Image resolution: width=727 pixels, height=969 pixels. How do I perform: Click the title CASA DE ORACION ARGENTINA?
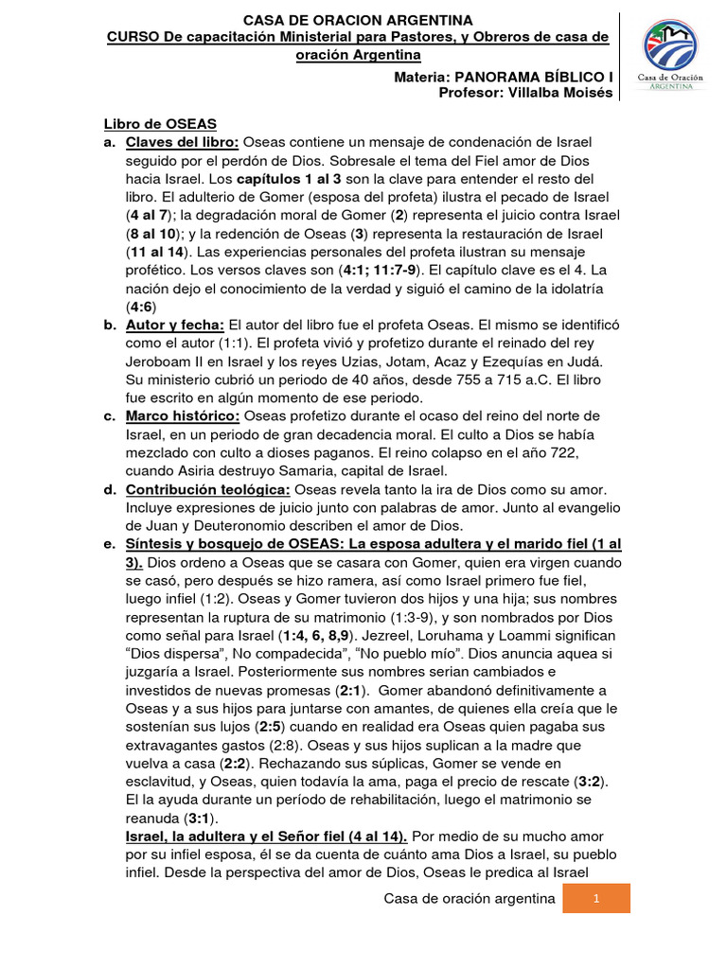pyautogui.click(x=359, y=20)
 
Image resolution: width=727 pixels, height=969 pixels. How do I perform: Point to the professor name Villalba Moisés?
pyautogui.click(x=558, y=92)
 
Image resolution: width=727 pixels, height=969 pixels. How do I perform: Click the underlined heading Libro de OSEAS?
pyautogui.click(x=160, y=124)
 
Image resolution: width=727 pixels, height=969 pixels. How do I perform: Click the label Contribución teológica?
pyautogui.click(x=209, y=489)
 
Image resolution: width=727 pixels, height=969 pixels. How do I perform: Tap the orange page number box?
pyautogui.click(x=596, y=899)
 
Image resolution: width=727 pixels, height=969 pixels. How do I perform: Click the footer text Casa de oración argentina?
pyautogui.click(x=469, y=899)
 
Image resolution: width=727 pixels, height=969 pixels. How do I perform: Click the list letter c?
pyautogui.click(x=109, y=416)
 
